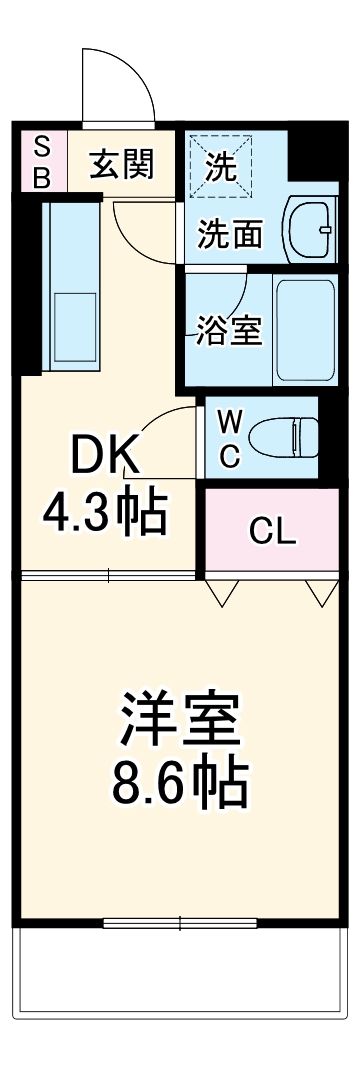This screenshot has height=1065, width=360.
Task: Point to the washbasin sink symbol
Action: pyautogui.click(x=310, y=229)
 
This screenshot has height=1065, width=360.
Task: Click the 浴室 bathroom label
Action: pyautogui.click(x=229, y=331)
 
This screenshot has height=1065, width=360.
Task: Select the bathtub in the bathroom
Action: pyautogui.click(x=305, y=331)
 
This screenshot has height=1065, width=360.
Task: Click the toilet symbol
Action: pyautogui.click(x=285, y=438)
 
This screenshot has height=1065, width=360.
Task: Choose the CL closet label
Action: pyautogui.click(x=272, y=532)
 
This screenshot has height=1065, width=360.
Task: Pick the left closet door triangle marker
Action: pyautogui.click(x=221, y=594)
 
